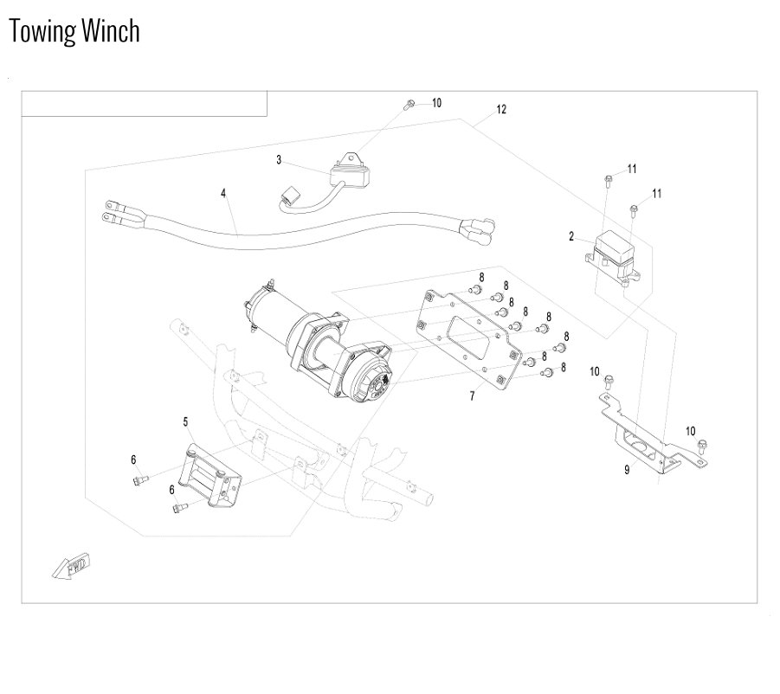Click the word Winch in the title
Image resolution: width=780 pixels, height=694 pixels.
[111, 30]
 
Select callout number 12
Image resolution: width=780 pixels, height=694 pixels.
[501, 109]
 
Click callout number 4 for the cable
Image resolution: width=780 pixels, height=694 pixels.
[223, 193]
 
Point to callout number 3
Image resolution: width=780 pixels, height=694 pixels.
[279, 160]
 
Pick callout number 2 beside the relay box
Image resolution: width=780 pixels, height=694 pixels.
[571, 236]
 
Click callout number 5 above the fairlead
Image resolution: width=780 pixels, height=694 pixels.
[185, 422]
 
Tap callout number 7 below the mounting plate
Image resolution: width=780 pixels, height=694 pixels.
[472, 395]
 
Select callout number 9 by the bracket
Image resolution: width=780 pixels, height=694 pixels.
[627, 469]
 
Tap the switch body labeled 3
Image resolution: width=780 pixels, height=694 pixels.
[351, 174]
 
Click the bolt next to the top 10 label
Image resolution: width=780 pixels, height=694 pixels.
[409, 105]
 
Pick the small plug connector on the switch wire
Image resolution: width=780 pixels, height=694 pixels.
[288, 196]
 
